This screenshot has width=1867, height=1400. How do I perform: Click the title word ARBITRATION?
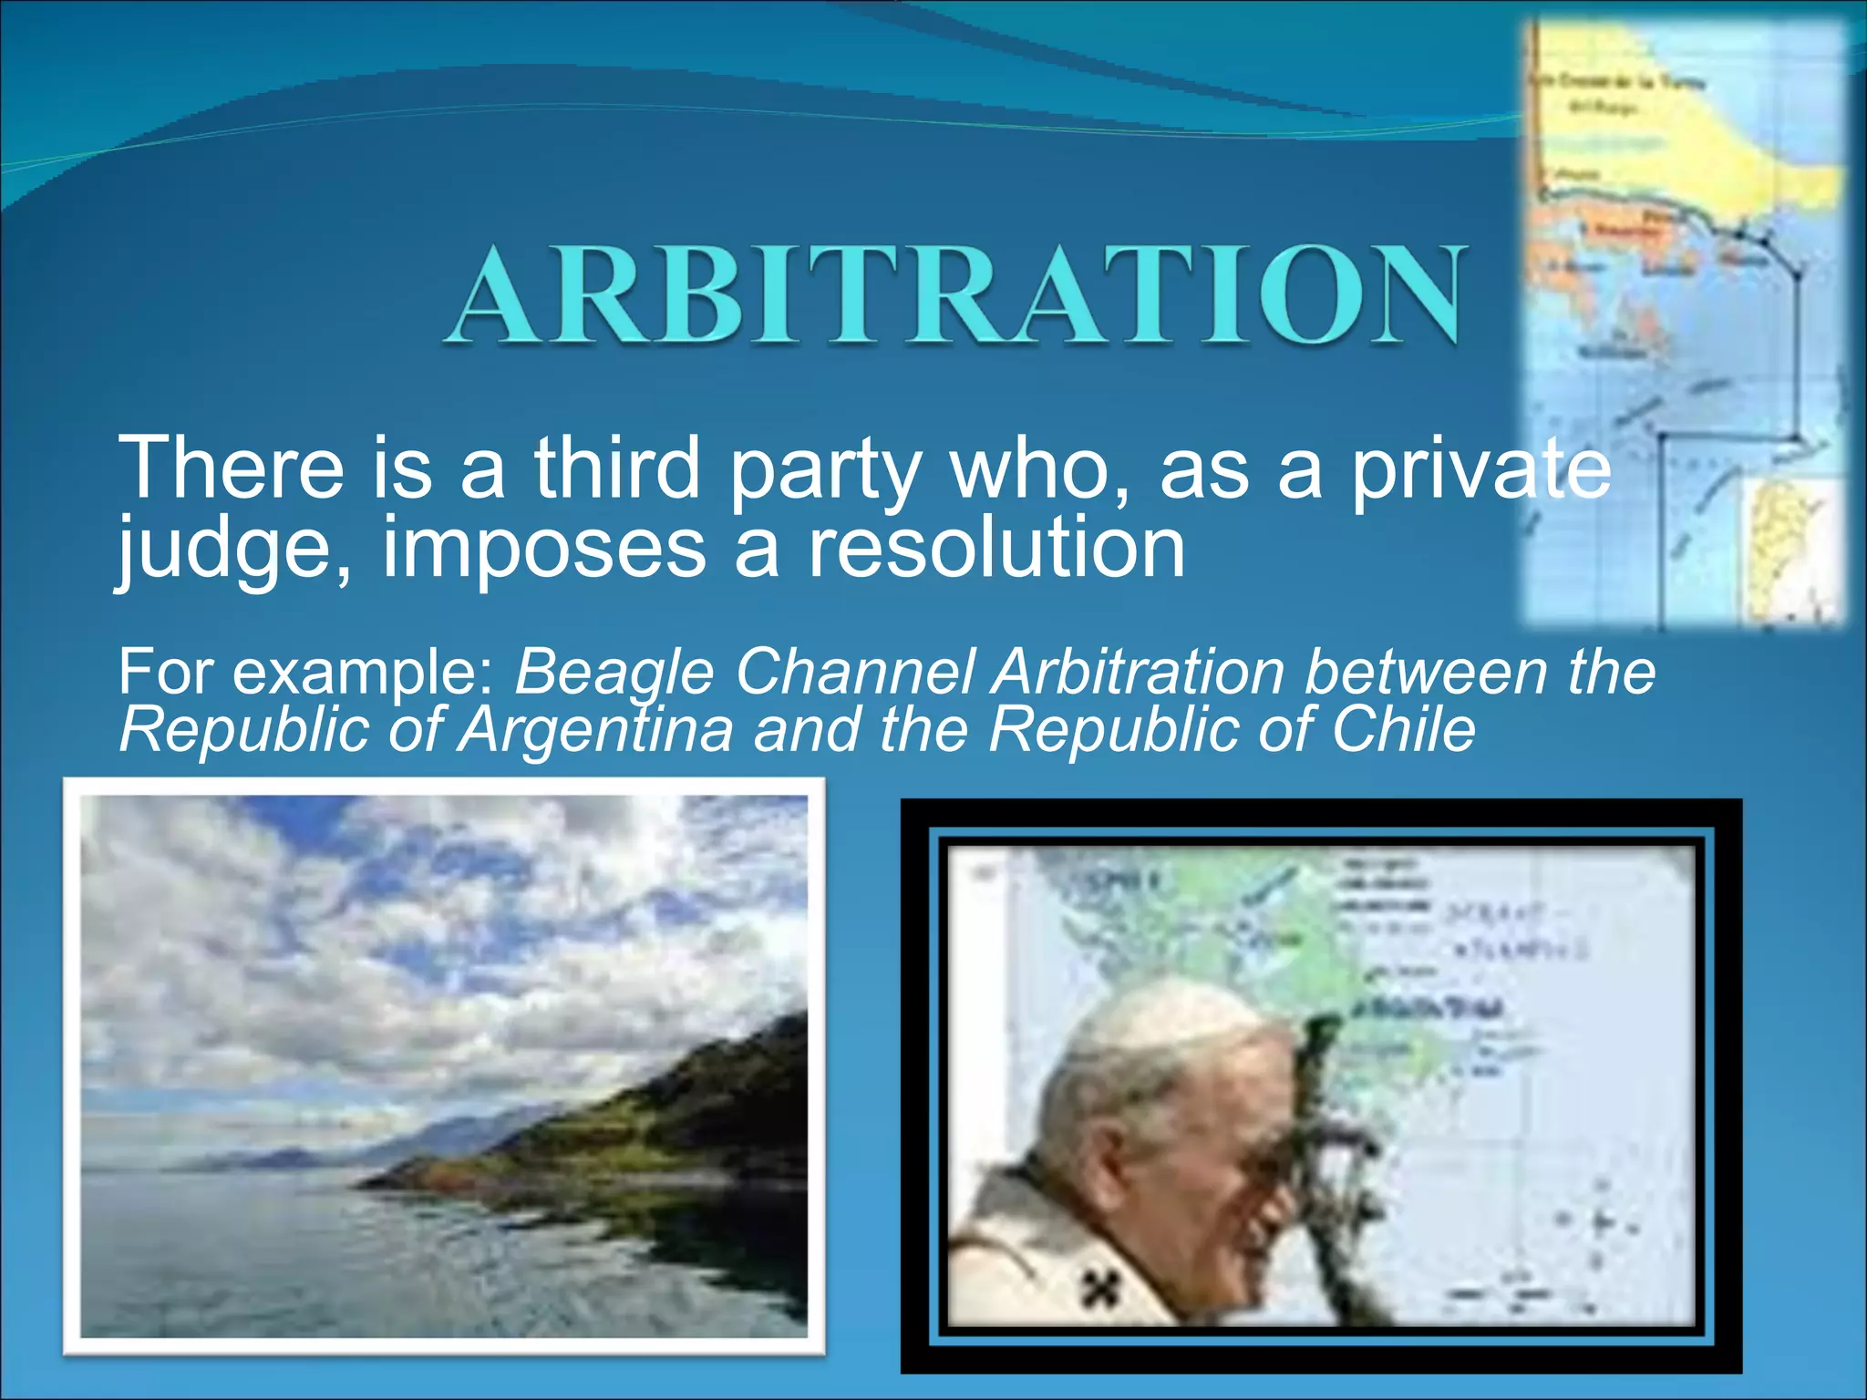click(955, 295)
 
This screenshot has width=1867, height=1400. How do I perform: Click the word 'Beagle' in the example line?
click(614, 673)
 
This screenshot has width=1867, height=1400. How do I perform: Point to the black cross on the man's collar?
click(1102, 1286)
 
